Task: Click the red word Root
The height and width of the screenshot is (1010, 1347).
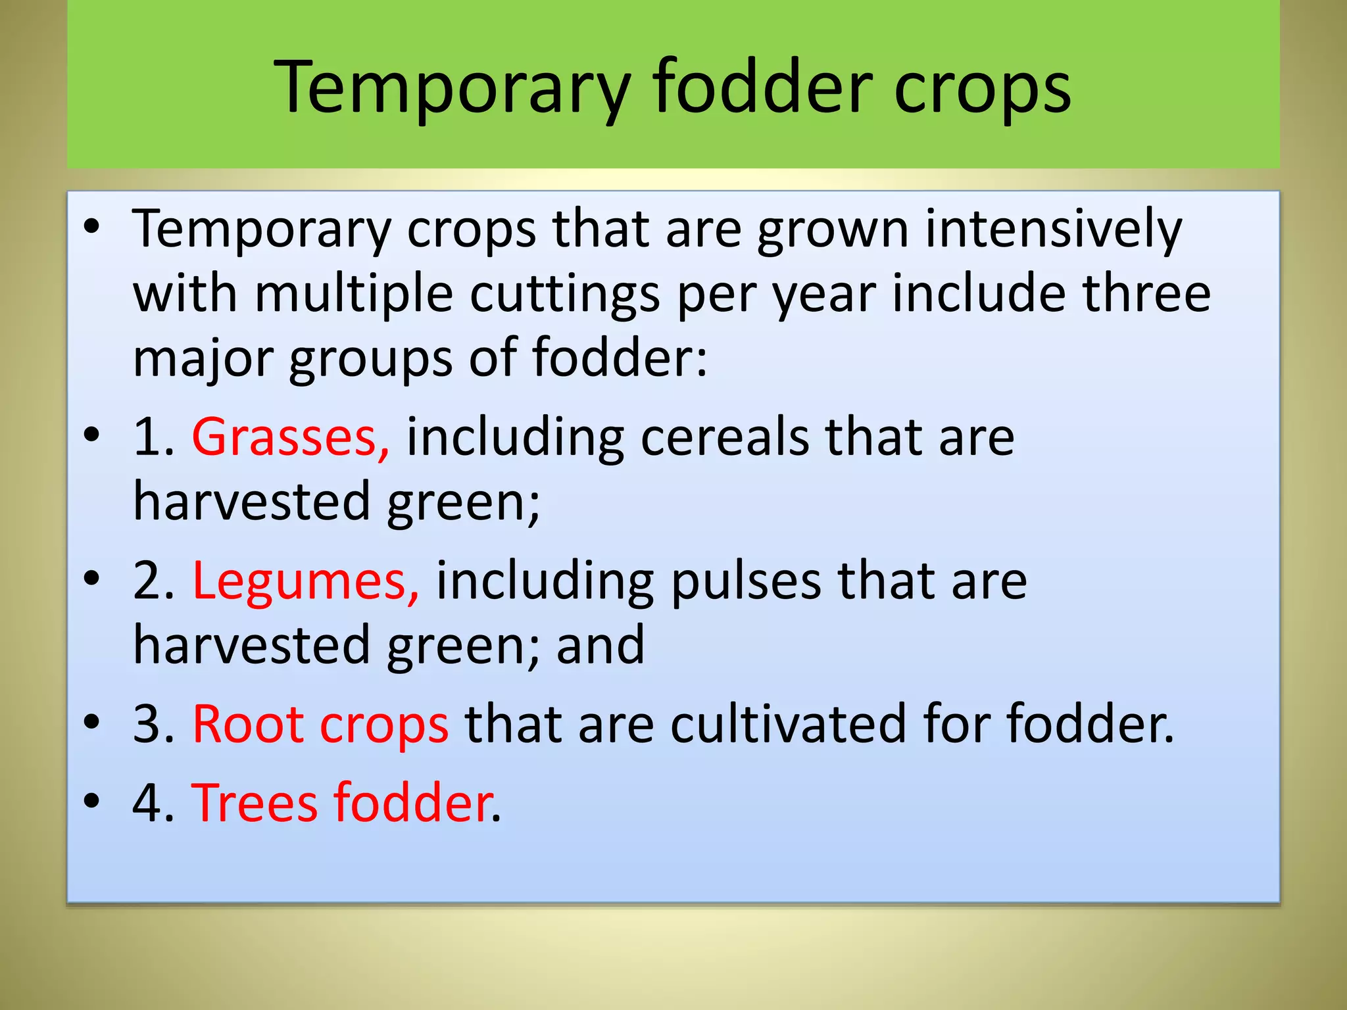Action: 247,725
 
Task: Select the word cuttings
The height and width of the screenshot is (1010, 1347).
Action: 564,294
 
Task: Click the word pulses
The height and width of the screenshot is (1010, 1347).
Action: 746,581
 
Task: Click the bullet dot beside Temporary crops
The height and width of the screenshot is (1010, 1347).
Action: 91,227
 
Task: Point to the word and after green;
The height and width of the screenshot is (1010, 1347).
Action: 600,646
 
